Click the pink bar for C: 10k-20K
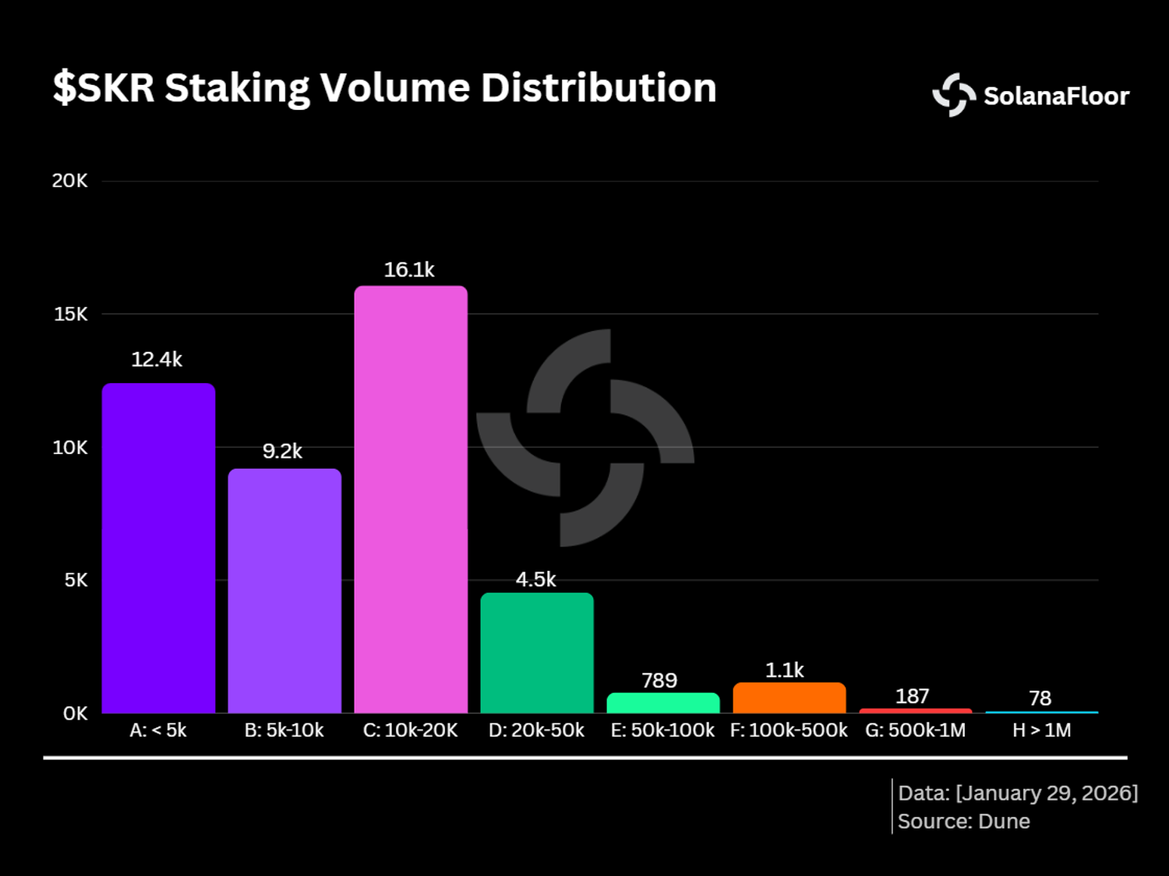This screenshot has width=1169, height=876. tap(411, 499)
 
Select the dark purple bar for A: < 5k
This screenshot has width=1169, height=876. tap(159, 548)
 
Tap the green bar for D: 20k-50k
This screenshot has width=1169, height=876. tap(537, 653)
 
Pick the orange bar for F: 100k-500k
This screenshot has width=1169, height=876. tap(789, 697)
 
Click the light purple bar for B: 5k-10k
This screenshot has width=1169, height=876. tap(285, 591)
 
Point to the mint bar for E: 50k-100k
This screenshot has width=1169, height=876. tap(663, 702)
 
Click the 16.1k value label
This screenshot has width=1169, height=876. tap(409, 269)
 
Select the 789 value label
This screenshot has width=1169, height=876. tap(659, 681)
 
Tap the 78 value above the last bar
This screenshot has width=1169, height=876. tap(1040, 698)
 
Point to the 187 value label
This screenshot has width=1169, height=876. tap(913, 696)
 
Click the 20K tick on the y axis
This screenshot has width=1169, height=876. tap(70, 181)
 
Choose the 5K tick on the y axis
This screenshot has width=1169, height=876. tap(76, 580)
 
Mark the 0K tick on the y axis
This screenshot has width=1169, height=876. tap(76, 713)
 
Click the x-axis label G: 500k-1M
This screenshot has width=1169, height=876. tap(915, 730)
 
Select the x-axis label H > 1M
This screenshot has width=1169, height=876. tap(1041, 730)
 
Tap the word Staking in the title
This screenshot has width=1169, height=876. tap(237, 88)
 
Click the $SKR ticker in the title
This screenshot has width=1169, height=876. tap(104, 88)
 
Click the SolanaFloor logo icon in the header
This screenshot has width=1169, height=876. tap(954, 95)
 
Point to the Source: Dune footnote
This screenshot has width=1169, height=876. tap(964, 821)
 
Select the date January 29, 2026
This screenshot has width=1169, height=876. tap(1047, 793)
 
